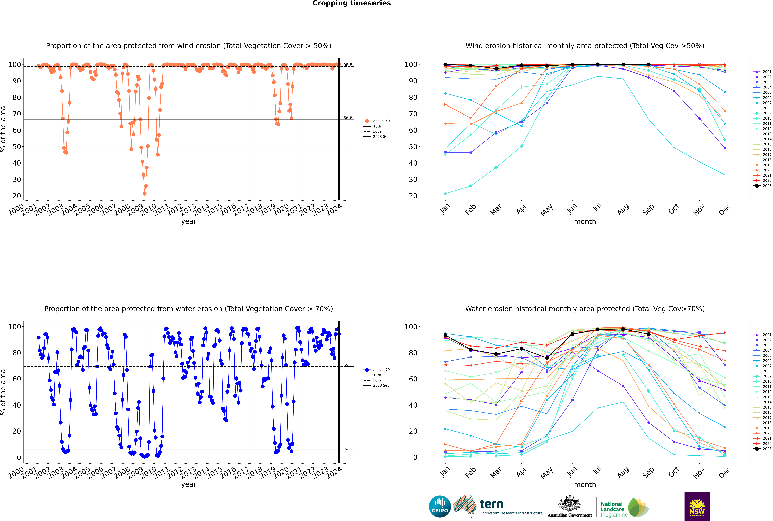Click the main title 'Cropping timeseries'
tap(352, 3)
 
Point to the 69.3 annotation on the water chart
tap(348, 365)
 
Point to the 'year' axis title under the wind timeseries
tap(188, 221)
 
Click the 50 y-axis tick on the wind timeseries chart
tap(17, 147)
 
